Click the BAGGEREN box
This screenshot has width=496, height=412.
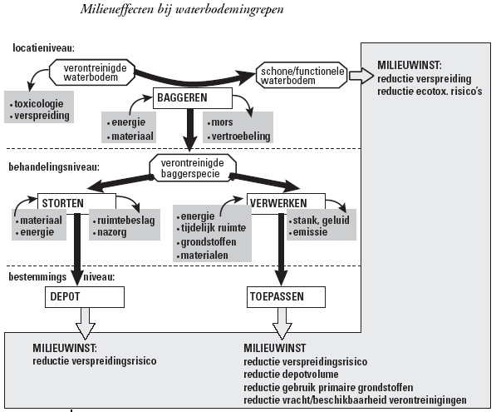pos(192,98)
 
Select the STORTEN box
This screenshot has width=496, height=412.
pos(76,203)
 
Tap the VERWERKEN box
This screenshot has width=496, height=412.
pos(286,203)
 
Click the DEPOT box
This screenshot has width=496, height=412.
pos(85,297)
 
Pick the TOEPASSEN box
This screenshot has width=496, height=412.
pos(286,297)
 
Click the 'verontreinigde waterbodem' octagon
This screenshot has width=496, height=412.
pos(91,72)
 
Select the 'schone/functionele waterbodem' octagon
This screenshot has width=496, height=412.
pos(302,75)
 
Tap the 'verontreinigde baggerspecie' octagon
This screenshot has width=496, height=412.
pos(193,168)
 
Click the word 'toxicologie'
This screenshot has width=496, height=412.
pos(38,104)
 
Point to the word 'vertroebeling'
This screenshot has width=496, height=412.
pos(241,137)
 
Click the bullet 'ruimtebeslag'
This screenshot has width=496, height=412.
pos(124,221)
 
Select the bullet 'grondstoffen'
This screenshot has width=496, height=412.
pos(206,242)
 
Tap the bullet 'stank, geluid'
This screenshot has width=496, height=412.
pos(319,220)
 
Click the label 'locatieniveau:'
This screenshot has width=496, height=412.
pos(44,47)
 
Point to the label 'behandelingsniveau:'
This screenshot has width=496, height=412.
pos(54,167)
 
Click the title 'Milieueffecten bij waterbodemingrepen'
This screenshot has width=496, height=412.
pos(182,9)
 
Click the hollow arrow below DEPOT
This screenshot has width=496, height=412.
pos(85,324)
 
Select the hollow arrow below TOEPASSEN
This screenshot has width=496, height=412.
pos(282,324)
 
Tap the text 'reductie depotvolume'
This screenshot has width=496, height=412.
pos(291,375)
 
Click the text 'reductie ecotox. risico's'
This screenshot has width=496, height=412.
pos(430,92)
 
